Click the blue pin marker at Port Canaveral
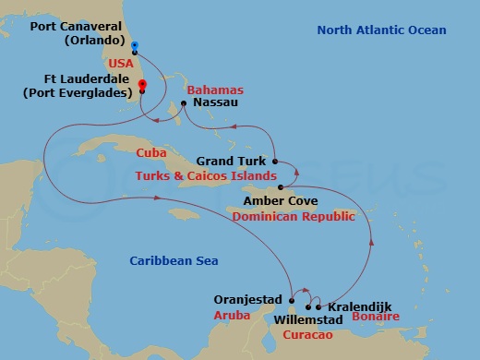tap(135, 46)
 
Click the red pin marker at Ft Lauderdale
tap(142, 87)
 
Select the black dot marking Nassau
tap(184, 103)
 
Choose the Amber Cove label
tap(280, 200)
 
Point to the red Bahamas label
tap(214, 90)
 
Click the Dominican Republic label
tap(294, 216)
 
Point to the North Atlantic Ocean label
tap(381, 30)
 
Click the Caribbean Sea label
tap(173, 261)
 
